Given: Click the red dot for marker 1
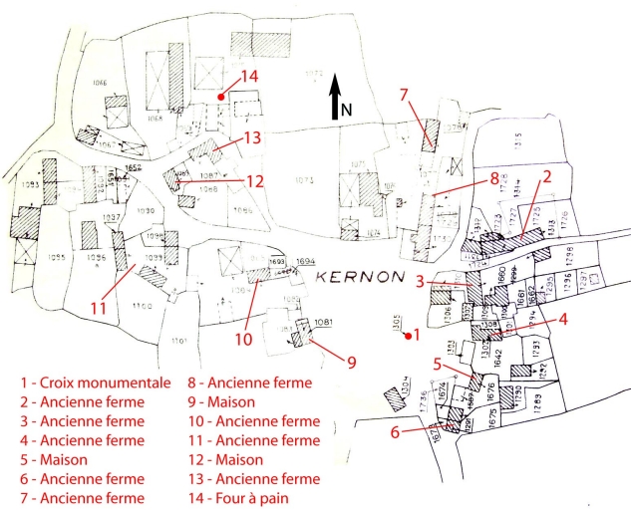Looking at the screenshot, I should (x=407, y=335).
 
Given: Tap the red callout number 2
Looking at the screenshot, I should (x=545, y=176).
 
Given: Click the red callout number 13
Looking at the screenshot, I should (x=253, y=137).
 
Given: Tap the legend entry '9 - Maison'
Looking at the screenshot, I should (x=221, y=400).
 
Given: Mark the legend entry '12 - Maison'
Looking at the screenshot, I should (x=225, y=459).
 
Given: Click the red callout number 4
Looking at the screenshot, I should (x=564, y=319).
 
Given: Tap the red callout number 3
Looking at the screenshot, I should (x=421, y=282).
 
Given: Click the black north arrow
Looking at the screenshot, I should (x=336, y=95).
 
